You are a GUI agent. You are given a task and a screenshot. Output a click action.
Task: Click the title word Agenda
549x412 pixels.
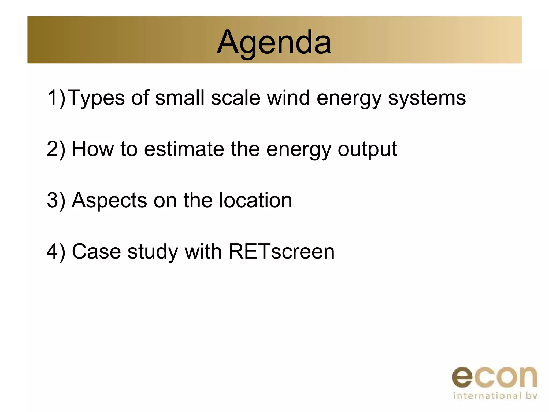(274, 42)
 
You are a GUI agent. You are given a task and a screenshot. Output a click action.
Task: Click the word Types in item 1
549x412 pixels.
(96, 98)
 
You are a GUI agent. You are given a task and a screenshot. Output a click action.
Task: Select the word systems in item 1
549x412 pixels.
(427, 98)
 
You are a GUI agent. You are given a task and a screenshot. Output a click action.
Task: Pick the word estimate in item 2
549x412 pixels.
(184, 149)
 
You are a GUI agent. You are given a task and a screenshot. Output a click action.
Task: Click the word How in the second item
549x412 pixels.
(93, 149)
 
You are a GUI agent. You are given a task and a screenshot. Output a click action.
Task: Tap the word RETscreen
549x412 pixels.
(281, 252)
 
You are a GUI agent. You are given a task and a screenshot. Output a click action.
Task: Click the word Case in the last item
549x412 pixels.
(96, 252)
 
